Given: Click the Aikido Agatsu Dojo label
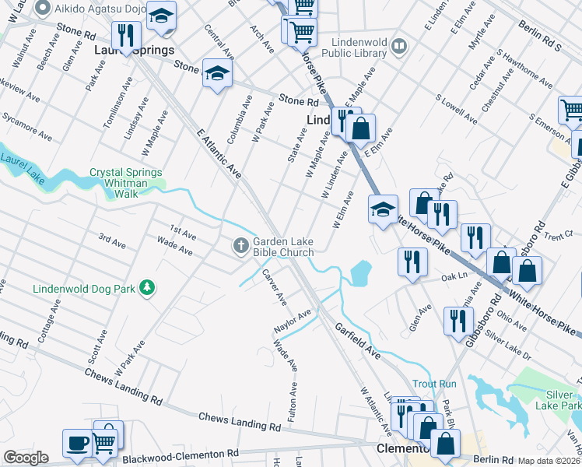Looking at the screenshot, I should pyautogui.click(x=100, y=9).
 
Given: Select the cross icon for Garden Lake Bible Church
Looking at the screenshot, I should pyautogui.click(x=240, y=247).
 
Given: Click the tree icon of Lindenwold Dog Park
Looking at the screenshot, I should pyautogui.click(x=146, y=289).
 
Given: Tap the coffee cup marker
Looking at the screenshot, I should pyautogui.click(x=77, y=444).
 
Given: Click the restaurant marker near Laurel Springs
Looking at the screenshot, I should pyautogui.click(x=125, y=36).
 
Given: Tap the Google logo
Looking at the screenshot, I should pyautogui.click(x=26, y=458).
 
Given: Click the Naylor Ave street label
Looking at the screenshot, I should pyautogui.click(x=292, y=321).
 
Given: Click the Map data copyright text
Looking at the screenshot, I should pyautogui.click(x=549, y=460).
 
